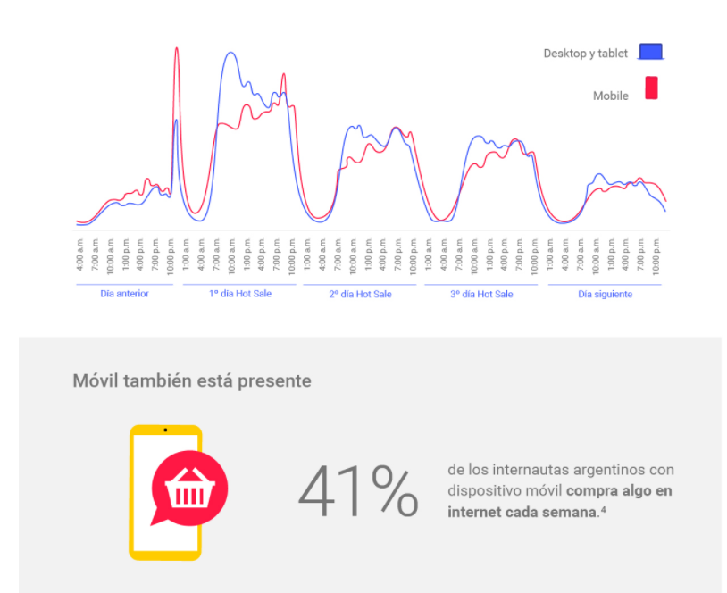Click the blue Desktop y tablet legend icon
tap(651, 52)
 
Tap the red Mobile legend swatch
tap(651, 88)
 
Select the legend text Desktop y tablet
tap(585, 54)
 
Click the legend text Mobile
tap(611, 96)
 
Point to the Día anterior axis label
tap(124, 294)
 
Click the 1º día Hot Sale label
tap(239, 294)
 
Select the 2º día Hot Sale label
tap(360, 294)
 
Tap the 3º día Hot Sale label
tap(481, 294)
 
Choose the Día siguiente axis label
tap(605, 294)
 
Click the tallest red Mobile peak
tap(176, 49)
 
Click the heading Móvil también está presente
tap(192, 380)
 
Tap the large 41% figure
tap(358, 492)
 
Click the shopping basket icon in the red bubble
tap(189, 489)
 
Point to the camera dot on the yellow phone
tap(165, 430)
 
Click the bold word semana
tap(571, 512)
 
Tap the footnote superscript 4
tap(604, 509)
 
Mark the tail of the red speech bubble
tap(158, 517)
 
